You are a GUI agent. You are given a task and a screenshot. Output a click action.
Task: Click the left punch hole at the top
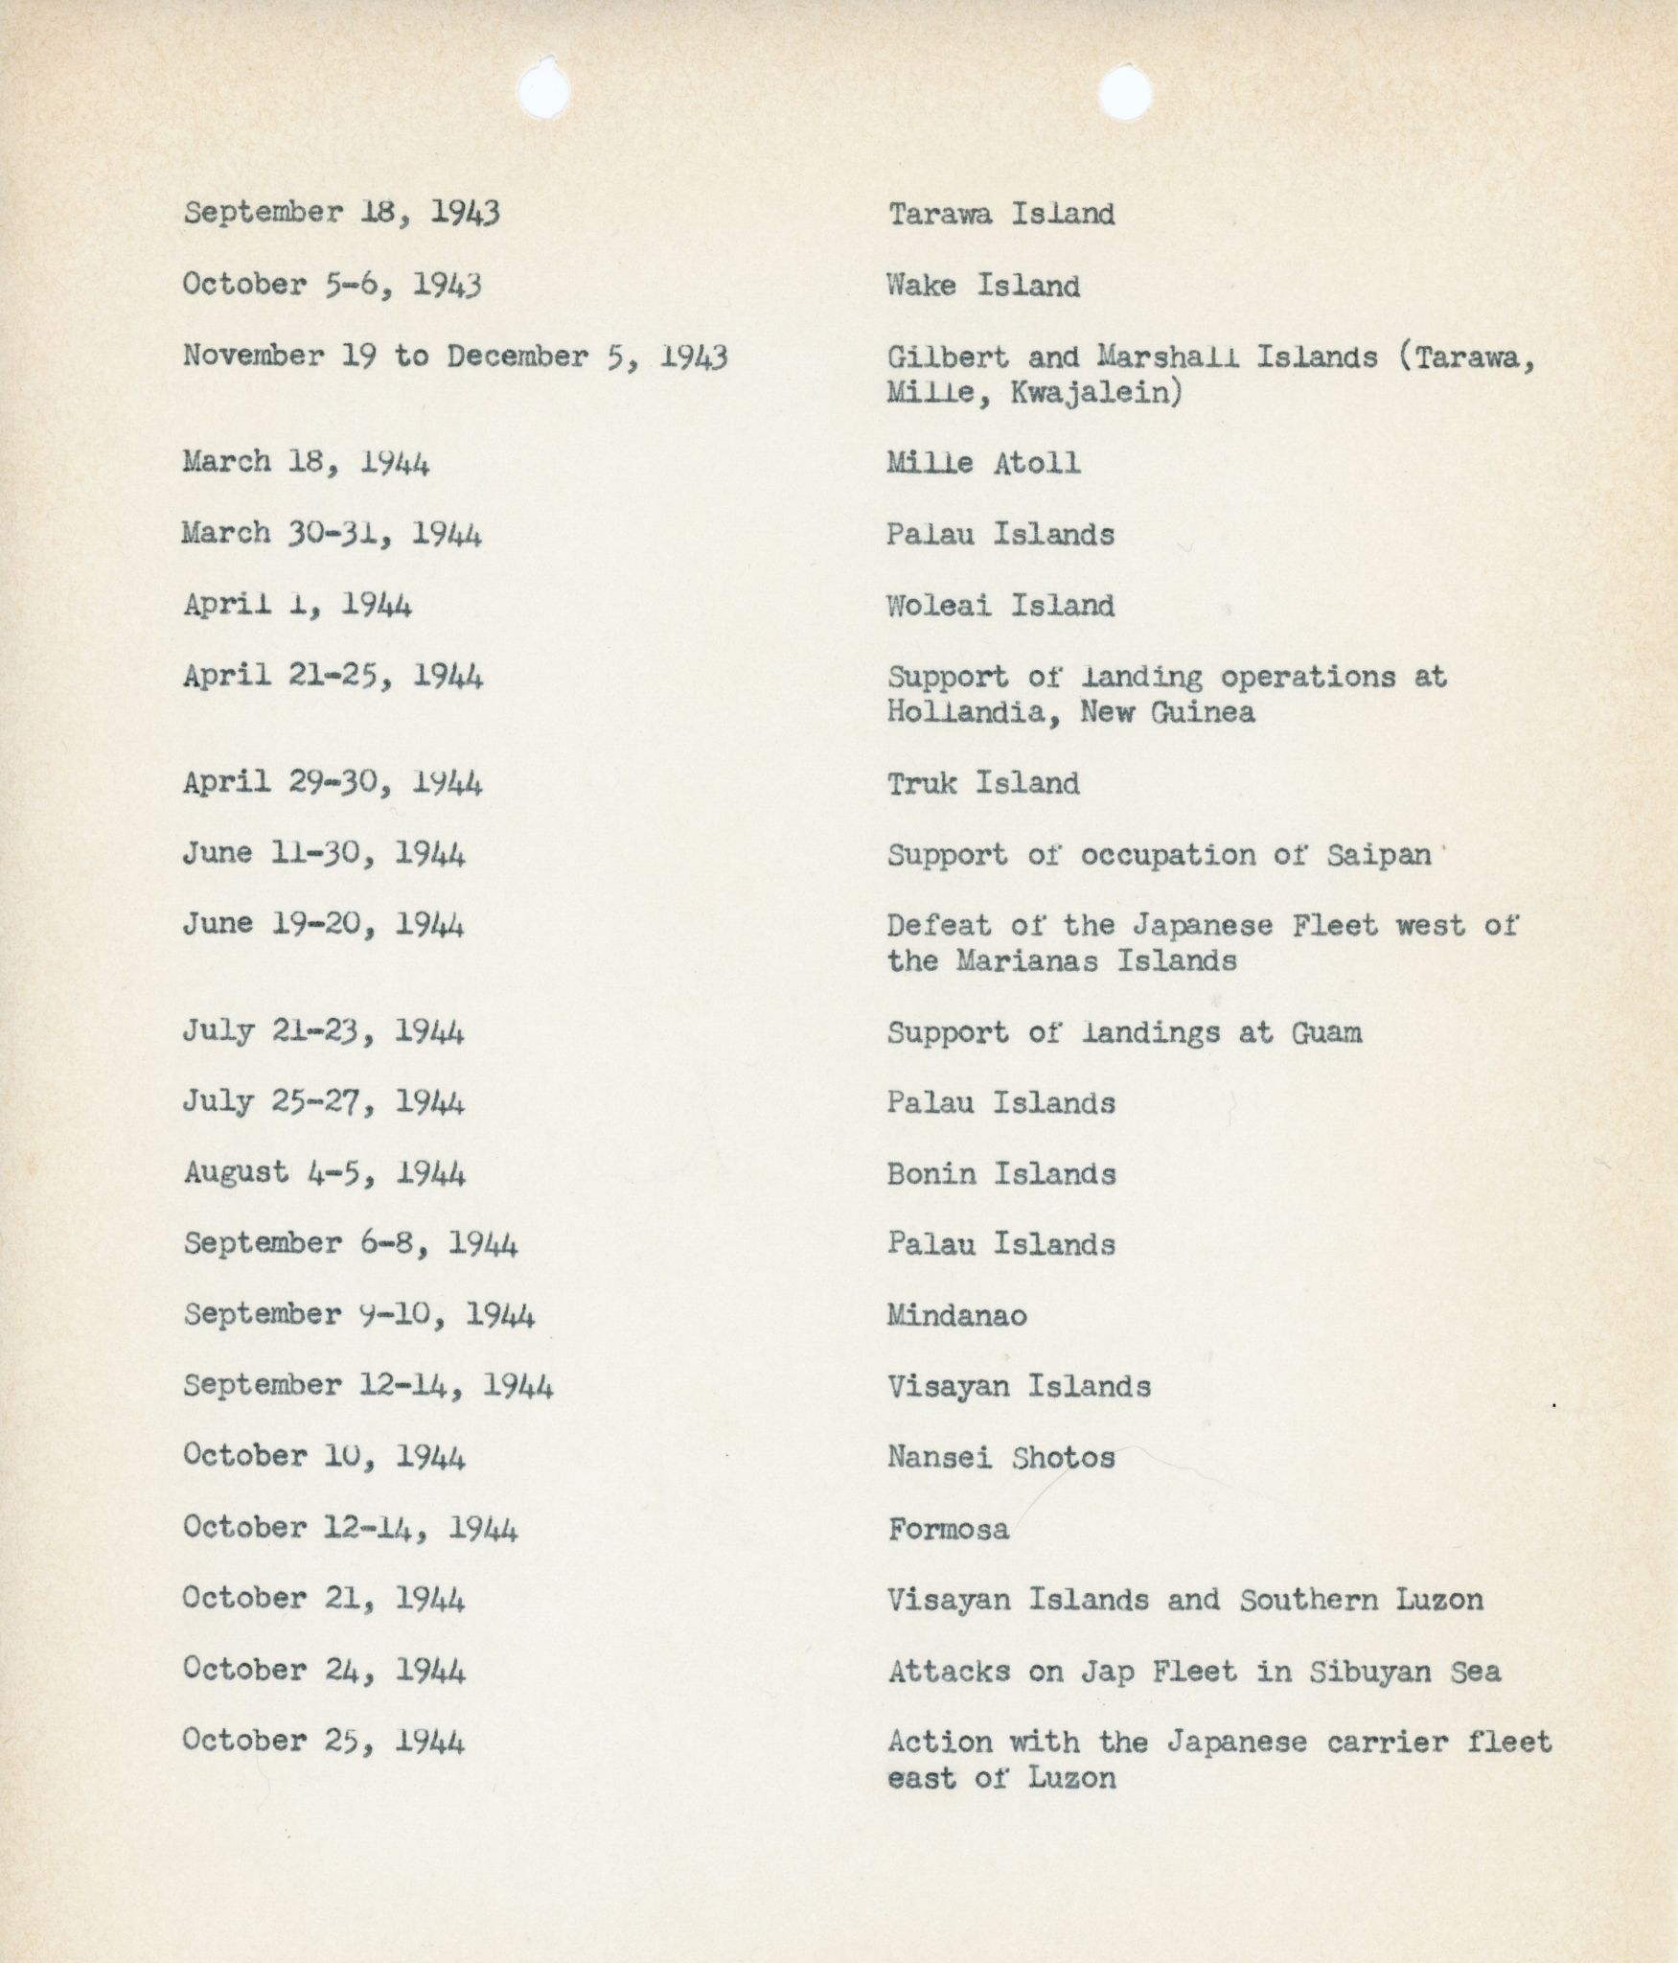click(543, 90)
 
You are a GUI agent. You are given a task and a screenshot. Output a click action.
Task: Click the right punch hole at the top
click(1125, 94)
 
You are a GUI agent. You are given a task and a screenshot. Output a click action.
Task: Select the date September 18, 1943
click(341, 213)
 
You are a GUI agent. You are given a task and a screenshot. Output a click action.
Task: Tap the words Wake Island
click(983, 286)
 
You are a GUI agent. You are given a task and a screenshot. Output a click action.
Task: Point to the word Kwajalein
click(1095, 393)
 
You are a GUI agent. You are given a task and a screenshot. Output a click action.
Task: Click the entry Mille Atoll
click(983, 463)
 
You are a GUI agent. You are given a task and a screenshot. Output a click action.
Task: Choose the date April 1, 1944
click(297, 606)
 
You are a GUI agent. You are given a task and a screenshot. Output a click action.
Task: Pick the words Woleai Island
click(1000, 606)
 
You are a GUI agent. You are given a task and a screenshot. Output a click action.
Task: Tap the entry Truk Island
click(983, 784)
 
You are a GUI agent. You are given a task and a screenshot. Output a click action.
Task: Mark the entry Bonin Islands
click(1001, 1174)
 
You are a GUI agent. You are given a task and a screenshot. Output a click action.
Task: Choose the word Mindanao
click(956, 1315)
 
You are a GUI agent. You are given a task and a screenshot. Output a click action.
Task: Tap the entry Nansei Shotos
click(1001, 1458)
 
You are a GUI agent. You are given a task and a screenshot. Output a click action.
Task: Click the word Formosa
click(948, 1529)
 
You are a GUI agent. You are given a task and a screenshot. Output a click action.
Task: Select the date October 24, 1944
click(324, 1671)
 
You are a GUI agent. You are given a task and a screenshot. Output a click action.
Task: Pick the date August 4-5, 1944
click(324, 1173)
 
